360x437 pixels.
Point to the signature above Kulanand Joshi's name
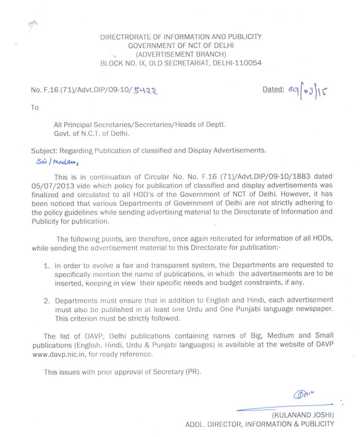[304, 394]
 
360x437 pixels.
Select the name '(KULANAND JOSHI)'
[303, 415]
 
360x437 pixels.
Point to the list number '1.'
[46, 265]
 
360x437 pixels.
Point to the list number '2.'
[46, 300]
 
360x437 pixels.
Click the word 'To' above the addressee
[35, 107]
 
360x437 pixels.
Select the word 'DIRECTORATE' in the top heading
[124, 37]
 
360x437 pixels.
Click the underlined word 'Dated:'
[273, 89]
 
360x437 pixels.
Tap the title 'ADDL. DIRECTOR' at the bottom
[212, 424]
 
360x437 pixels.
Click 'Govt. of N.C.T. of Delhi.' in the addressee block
[91, 133]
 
